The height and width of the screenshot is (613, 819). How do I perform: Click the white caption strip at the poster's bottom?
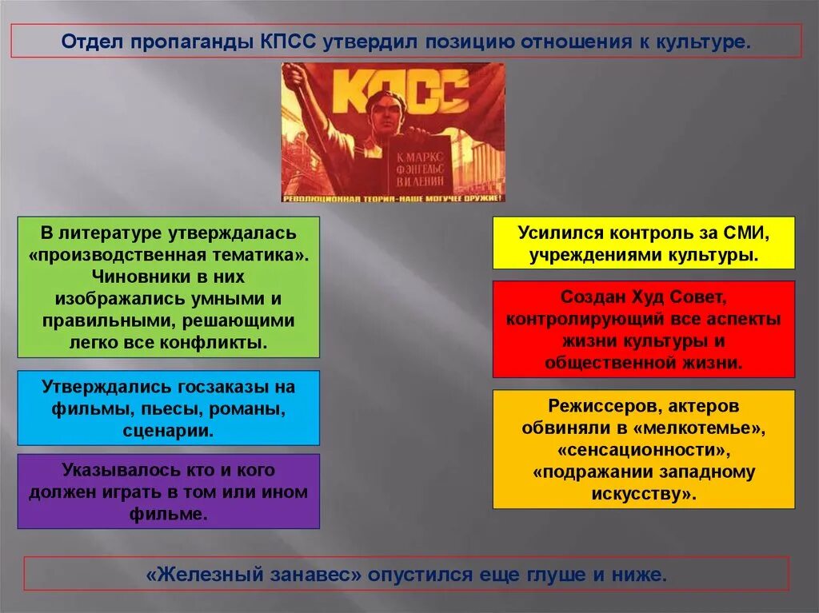(x=393, y=197)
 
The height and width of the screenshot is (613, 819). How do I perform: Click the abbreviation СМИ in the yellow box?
(x=746, y=233)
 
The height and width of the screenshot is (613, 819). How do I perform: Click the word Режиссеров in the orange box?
(x=595, y=406)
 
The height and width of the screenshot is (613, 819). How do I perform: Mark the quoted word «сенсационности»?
(x=643, y=449)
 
